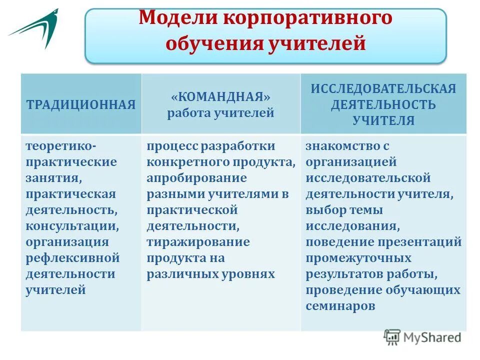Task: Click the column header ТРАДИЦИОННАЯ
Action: (x=81, y=104)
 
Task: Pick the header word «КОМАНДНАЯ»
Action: (x=220, y=96)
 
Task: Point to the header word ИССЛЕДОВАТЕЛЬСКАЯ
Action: (x=383, y=88)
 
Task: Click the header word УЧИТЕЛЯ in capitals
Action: (x=383, y=120)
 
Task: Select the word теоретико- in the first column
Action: (x=61, y=146)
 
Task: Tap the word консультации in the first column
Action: (x=72, y=225)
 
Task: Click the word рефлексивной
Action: (x=72, y=258)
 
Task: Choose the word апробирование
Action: (x=196, y=178)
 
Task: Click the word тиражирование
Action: (x=198, y=242)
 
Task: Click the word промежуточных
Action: (x=358, y=258)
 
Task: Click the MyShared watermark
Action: (x=423, y=337)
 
